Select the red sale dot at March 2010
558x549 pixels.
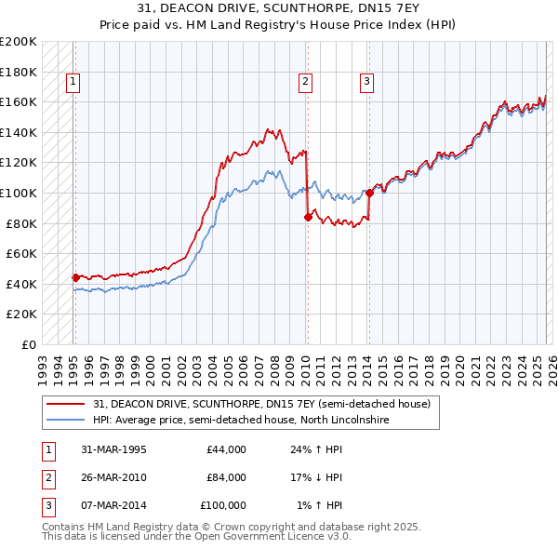point(307,217)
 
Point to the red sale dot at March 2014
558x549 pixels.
point(369,194)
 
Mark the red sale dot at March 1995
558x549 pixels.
point(75,277)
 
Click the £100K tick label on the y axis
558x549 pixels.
point(19,193)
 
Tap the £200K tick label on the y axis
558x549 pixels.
point(19,42)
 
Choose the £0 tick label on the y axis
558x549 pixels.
point(28,344)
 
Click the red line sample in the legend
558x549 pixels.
point(67,405)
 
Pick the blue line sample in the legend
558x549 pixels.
point(67,421)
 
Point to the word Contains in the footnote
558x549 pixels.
point(65,527)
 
